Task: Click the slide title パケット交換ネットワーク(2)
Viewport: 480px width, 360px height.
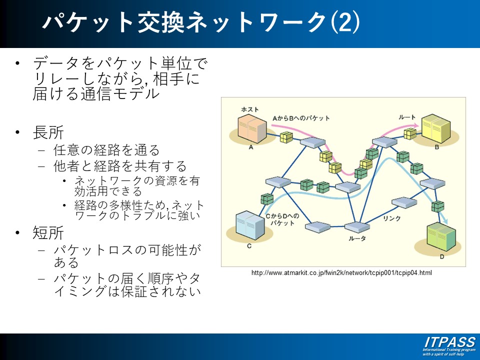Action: click(200, 22)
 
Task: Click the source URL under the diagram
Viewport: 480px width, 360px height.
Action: click(341, 273)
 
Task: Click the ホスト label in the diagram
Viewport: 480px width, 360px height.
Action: click(250, 109)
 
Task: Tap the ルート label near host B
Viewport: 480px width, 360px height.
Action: click(407, 117)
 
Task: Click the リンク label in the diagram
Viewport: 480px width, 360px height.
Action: click(391, 218)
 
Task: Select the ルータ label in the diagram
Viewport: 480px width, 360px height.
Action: click(357, 238)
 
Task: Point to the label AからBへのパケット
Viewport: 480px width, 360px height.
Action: click(301, 118)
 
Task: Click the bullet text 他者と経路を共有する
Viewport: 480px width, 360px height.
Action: click(120, 165)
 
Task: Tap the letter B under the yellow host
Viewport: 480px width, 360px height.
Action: click(436, 147)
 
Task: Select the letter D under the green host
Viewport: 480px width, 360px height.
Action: click(441, 257)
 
